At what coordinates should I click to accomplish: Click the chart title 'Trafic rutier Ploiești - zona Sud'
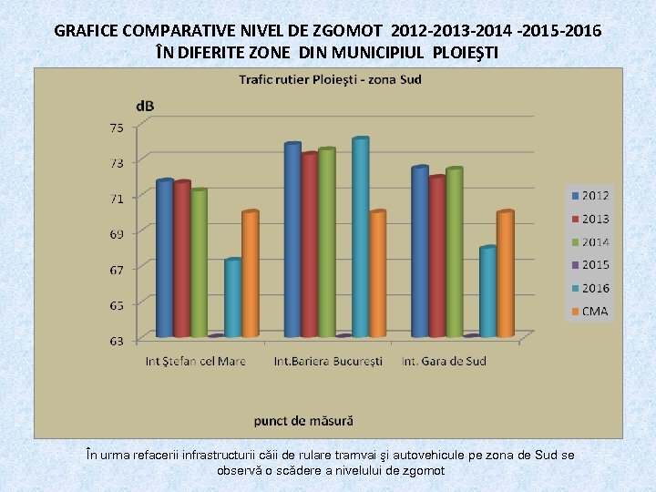(x=330, y=79)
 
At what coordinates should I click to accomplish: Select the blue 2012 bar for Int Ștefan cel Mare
(x=164, y=260)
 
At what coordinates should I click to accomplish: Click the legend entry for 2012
(x=589, y=196)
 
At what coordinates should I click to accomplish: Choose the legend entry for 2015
(x=589, y=265)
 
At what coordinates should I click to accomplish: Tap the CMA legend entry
(x=589, y=312)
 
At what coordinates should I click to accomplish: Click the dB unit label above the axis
(x=145, y=107)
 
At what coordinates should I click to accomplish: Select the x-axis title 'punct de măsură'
(x=303, y=421)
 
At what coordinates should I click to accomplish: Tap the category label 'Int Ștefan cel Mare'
(x=196, y=362)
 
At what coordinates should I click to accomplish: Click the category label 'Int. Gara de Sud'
(x=444, y=362)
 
